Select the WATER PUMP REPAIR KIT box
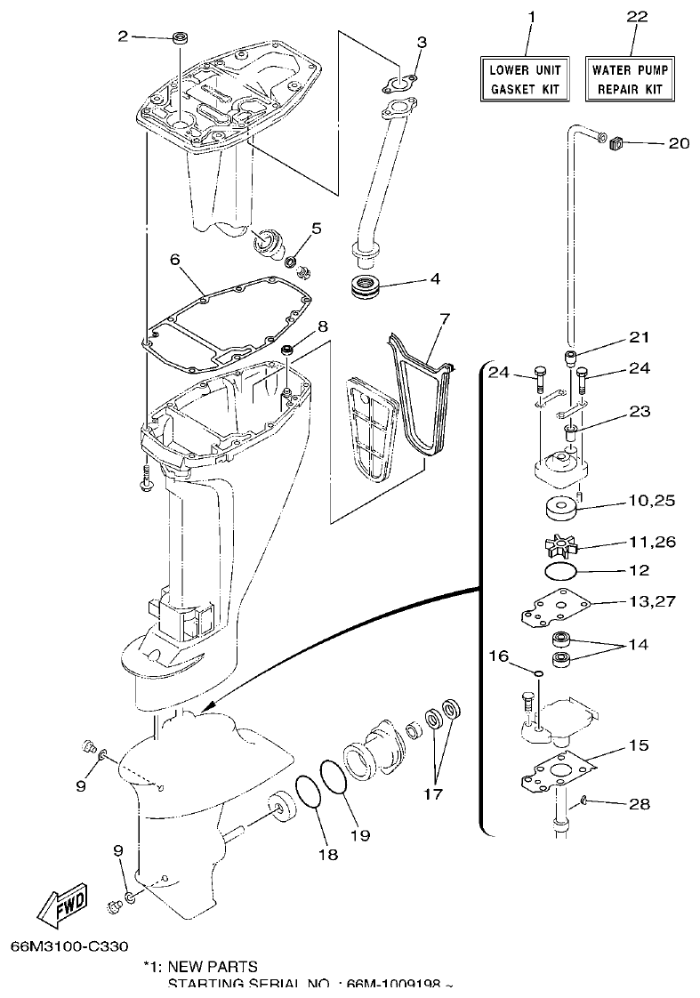[630, 79]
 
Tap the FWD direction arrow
[62, 908]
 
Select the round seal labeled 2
[181, 37]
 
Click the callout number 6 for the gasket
[174, 259]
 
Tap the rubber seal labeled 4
[365, 287]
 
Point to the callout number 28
[638, 804]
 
